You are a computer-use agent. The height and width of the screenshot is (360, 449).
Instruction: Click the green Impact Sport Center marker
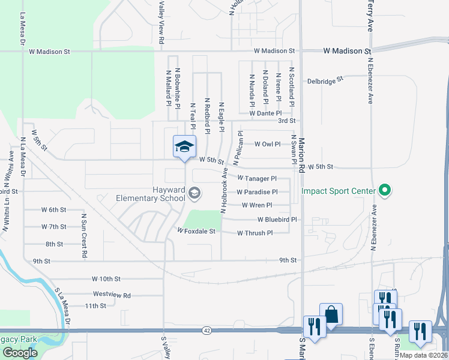(x=385, y=191)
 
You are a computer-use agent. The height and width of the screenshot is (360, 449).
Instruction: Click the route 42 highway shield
(x=207, y=331)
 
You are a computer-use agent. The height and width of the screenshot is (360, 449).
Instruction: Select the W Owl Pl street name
(x=267, y=144)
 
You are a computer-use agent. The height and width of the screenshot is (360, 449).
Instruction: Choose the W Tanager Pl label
(x=257, y=178)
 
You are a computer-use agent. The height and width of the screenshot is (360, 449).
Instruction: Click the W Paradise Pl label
(x=257, y=192)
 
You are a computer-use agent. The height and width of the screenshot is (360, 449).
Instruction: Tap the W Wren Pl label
(x=257, y=205)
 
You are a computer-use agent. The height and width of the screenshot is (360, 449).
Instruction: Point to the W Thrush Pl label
(x=255, y=233)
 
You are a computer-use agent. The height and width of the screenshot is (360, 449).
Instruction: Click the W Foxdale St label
(x=196, y=231)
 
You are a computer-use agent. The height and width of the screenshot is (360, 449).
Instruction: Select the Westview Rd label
(x=112, y=295)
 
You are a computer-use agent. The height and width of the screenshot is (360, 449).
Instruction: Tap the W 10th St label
(x=106, y=279)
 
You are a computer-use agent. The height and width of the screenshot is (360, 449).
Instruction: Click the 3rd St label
(x=286, y=121)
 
